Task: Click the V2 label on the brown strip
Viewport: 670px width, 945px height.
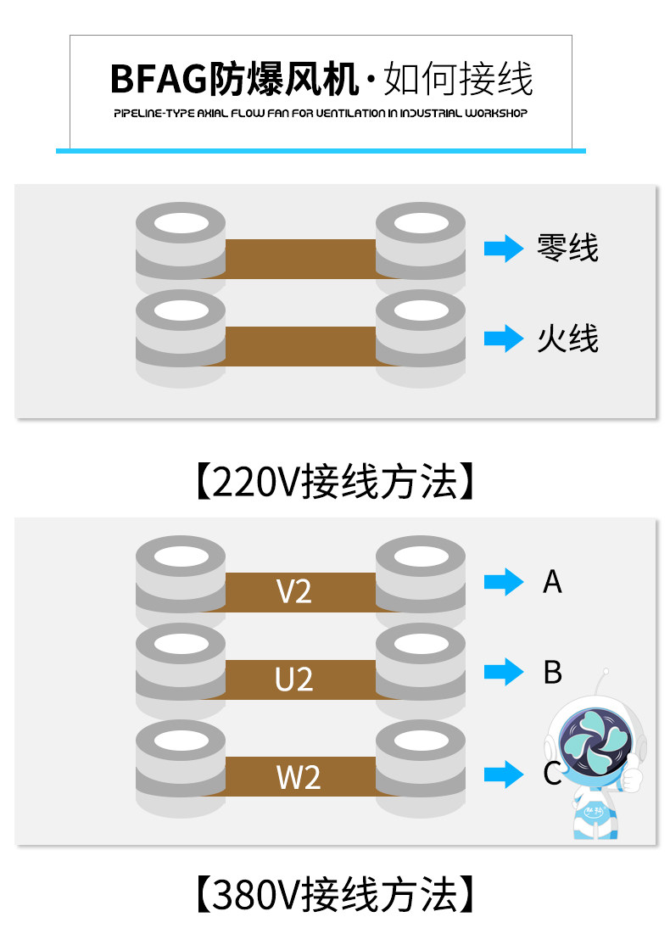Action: point(294,591)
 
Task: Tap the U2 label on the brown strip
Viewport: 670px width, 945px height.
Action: point(294,679)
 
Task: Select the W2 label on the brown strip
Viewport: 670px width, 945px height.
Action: point(299,777)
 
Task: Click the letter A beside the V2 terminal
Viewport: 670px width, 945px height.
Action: point(552,582)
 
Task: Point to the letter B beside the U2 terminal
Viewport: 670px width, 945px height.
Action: point(552,672)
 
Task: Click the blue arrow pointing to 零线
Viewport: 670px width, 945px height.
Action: point(504,249)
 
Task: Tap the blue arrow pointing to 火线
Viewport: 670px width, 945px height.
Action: point(504,338)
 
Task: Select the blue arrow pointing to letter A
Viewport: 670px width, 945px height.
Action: point(504,582)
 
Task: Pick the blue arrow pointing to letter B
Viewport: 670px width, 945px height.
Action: point(504,672)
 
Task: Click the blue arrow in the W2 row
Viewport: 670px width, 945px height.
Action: point(504,774)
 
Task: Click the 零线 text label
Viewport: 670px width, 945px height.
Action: point(567,248)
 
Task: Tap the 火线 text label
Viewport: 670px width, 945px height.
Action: point(567,338)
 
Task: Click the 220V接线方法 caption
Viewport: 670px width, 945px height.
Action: point(335,482)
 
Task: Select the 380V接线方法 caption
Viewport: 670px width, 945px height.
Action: point(335,894)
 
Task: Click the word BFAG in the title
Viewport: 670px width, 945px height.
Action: point(159,79)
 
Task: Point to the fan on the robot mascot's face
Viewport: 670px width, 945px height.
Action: point(595,741)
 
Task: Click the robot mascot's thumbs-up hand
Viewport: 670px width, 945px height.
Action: point(632,777)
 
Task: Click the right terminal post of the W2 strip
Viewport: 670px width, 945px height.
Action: point(421,769)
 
